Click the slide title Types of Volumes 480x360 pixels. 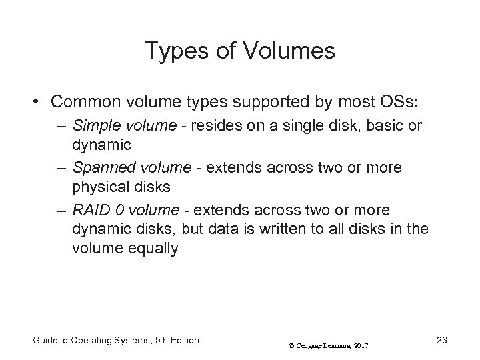pos(240,51)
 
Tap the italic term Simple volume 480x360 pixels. pos(114,125)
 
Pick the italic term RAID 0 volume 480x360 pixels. pos(125,210)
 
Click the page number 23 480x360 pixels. pos(441,341)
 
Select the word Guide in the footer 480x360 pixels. pos(45,341)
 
